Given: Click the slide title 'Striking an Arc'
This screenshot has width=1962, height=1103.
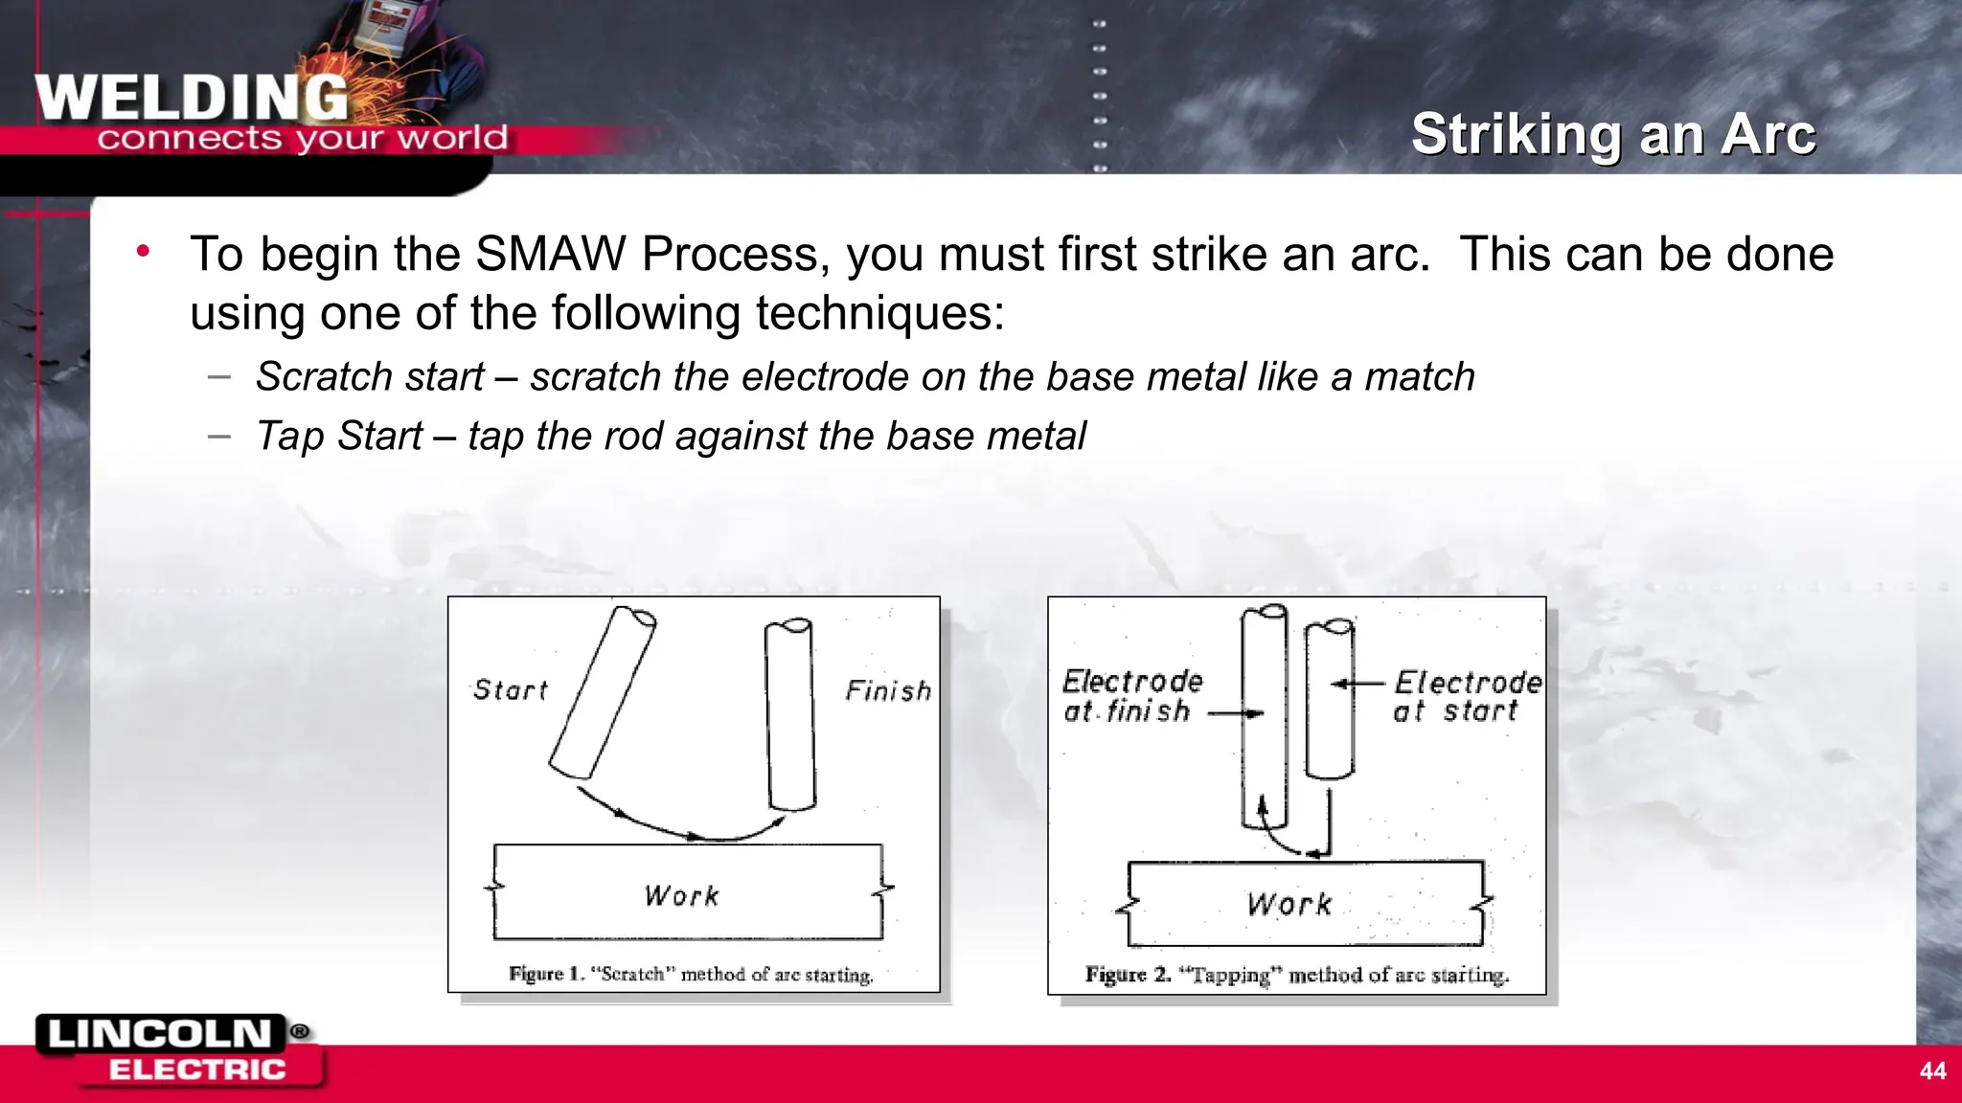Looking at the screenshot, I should click(1612, 134).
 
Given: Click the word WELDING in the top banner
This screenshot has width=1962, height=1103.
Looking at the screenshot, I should click(192, 98).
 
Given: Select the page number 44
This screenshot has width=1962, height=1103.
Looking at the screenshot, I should click(1932, 1070).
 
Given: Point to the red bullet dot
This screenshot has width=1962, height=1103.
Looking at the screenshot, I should click(143, 252).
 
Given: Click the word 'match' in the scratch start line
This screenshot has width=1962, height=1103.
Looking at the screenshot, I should click(1420, 377).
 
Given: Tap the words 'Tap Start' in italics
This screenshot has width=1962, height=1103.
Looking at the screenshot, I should click(338, 437).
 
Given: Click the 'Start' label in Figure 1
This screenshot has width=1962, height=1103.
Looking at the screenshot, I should click(510, 690).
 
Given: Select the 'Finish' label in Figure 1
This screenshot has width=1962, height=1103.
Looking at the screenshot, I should click(887, 690).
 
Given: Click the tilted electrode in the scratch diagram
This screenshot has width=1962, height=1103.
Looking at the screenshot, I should click(603, 692).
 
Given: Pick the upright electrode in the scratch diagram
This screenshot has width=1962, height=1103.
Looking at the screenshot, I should click(790, 713).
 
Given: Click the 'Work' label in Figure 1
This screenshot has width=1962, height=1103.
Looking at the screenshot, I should click(681, 896).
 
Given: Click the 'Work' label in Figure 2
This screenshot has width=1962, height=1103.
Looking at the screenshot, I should click(1289, 905).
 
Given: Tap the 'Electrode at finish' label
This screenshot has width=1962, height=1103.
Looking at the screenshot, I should click(1130, 696).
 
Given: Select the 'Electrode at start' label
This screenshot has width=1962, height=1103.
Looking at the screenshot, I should click(1466, 696).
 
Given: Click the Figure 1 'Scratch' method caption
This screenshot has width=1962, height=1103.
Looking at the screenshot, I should click(691, 975).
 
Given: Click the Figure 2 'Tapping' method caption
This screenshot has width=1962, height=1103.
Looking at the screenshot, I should click(1296, 976).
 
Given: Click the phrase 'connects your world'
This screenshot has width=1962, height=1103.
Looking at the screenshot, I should click(302, 139).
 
